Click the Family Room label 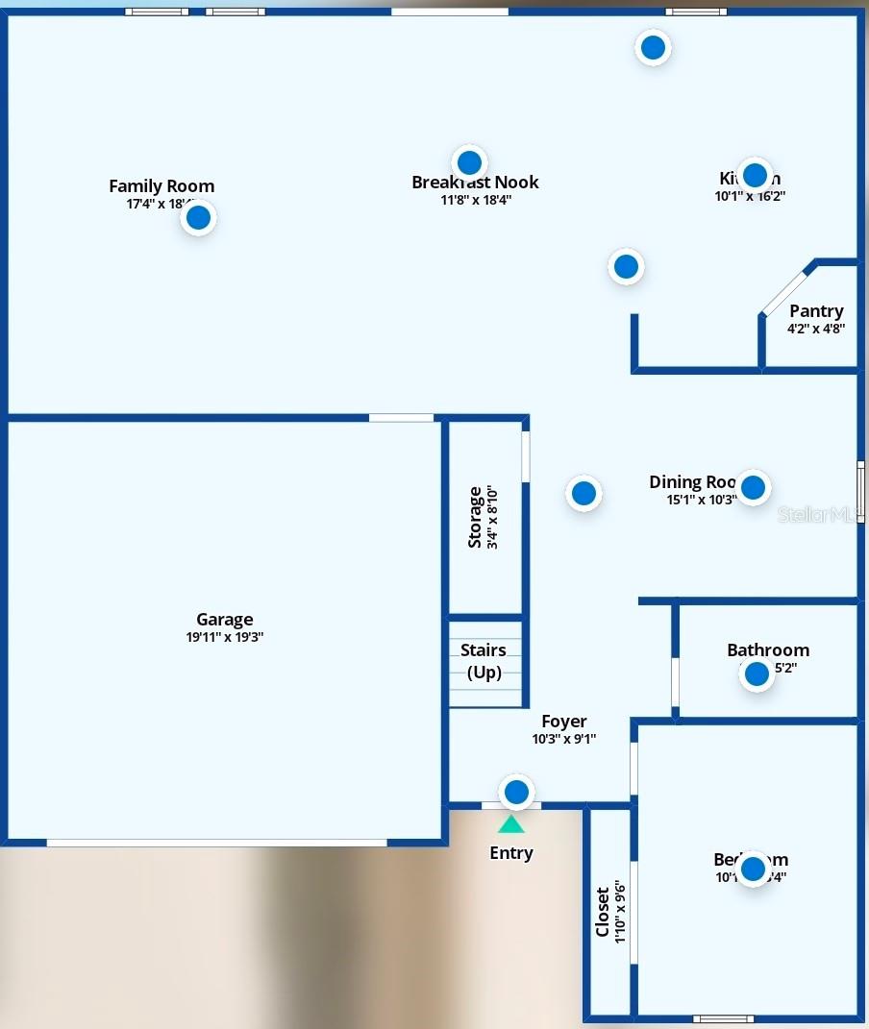[161, 186]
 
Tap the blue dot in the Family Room [198, 218]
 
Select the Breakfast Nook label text [475, 183]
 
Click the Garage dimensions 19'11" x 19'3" [225, 637]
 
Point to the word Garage [225, 620]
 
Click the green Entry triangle [511, 824]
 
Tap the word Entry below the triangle [511, 853]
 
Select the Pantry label [816, 311]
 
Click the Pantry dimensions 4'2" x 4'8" [816, 329]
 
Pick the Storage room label [475, 517]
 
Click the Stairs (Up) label [484, 662]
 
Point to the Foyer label [564, 722]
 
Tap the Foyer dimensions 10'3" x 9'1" [564, 739]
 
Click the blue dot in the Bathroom [757, 674]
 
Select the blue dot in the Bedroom [753, 869]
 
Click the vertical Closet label [603, 912]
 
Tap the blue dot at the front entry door [517, 792]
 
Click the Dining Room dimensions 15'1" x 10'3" [702, 500]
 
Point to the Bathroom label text [768, 650]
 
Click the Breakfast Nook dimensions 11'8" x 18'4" [476, 201]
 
